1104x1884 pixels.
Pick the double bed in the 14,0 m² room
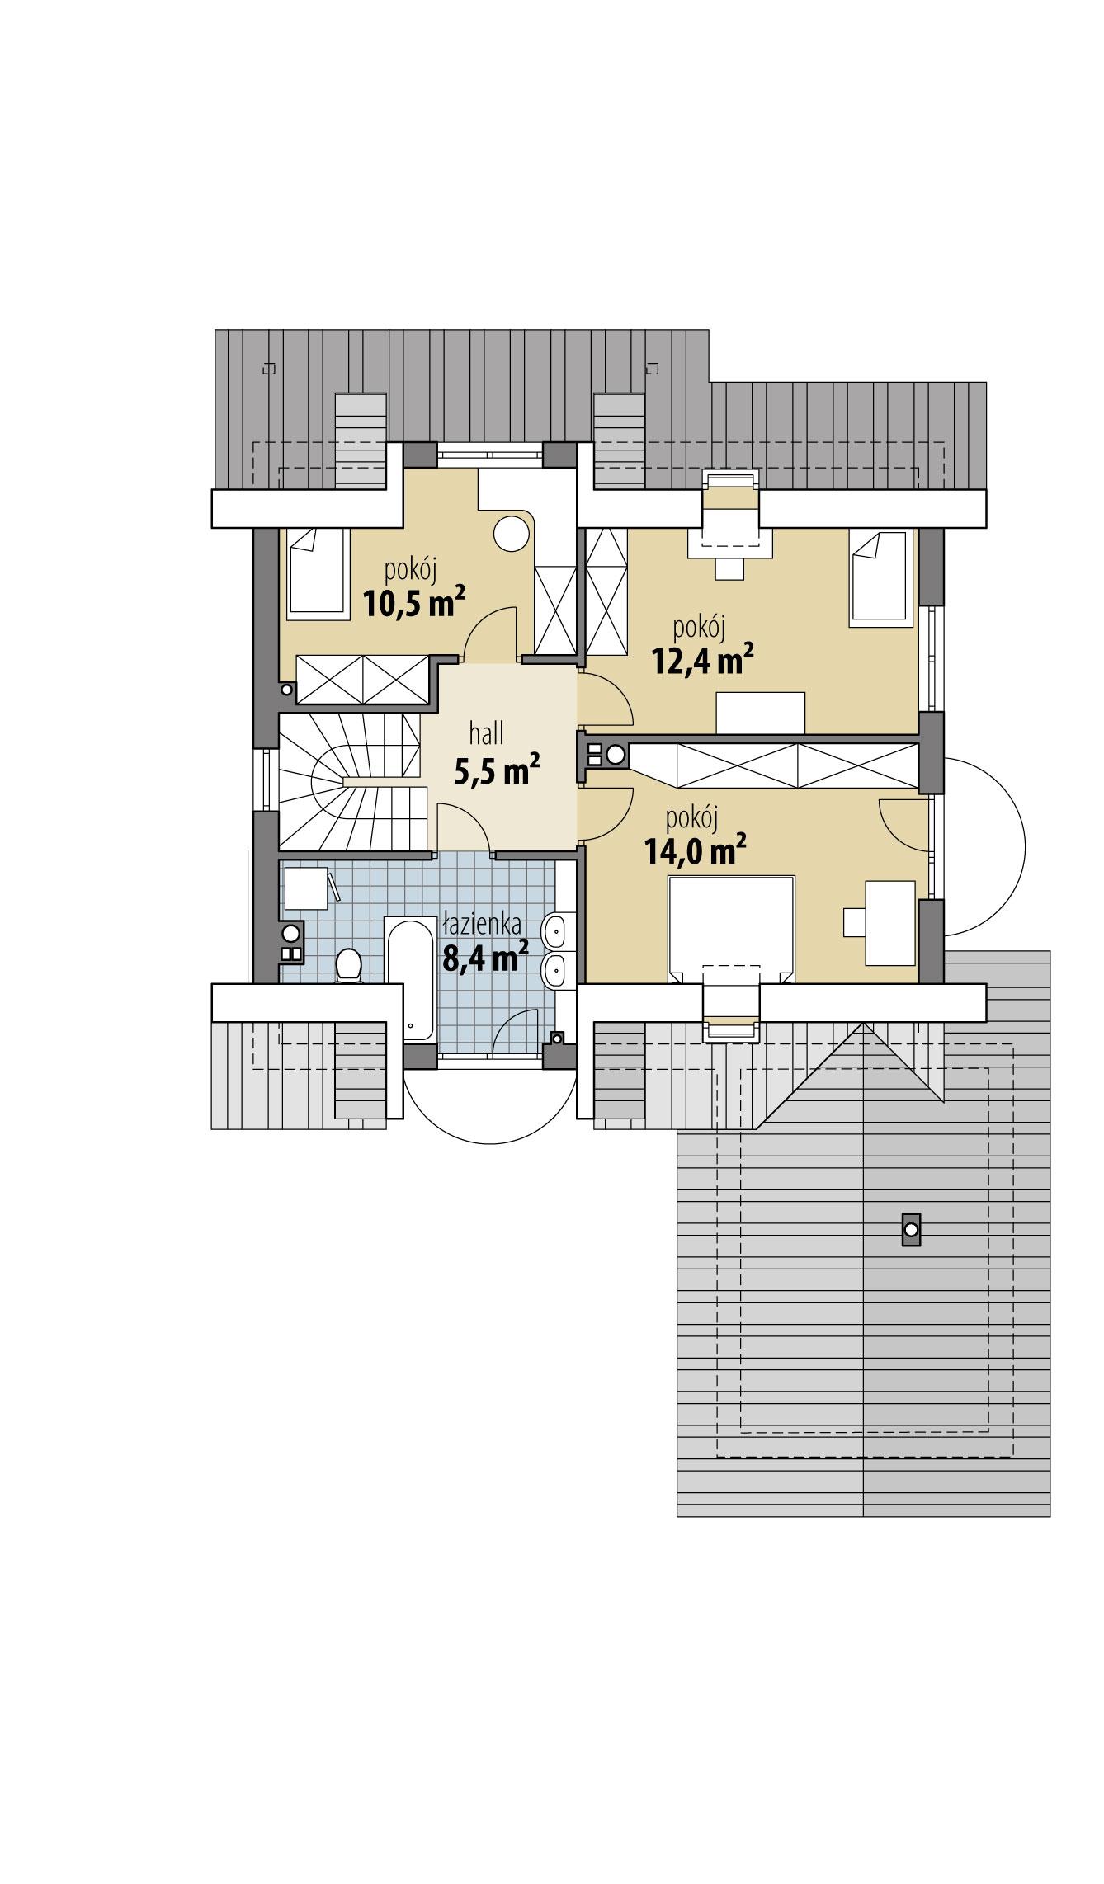[731, 928]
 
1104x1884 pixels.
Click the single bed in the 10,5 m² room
[316, 573]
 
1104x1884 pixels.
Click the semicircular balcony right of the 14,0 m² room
[982, 845]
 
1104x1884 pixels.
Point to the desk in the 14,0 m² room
[889, 922]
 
